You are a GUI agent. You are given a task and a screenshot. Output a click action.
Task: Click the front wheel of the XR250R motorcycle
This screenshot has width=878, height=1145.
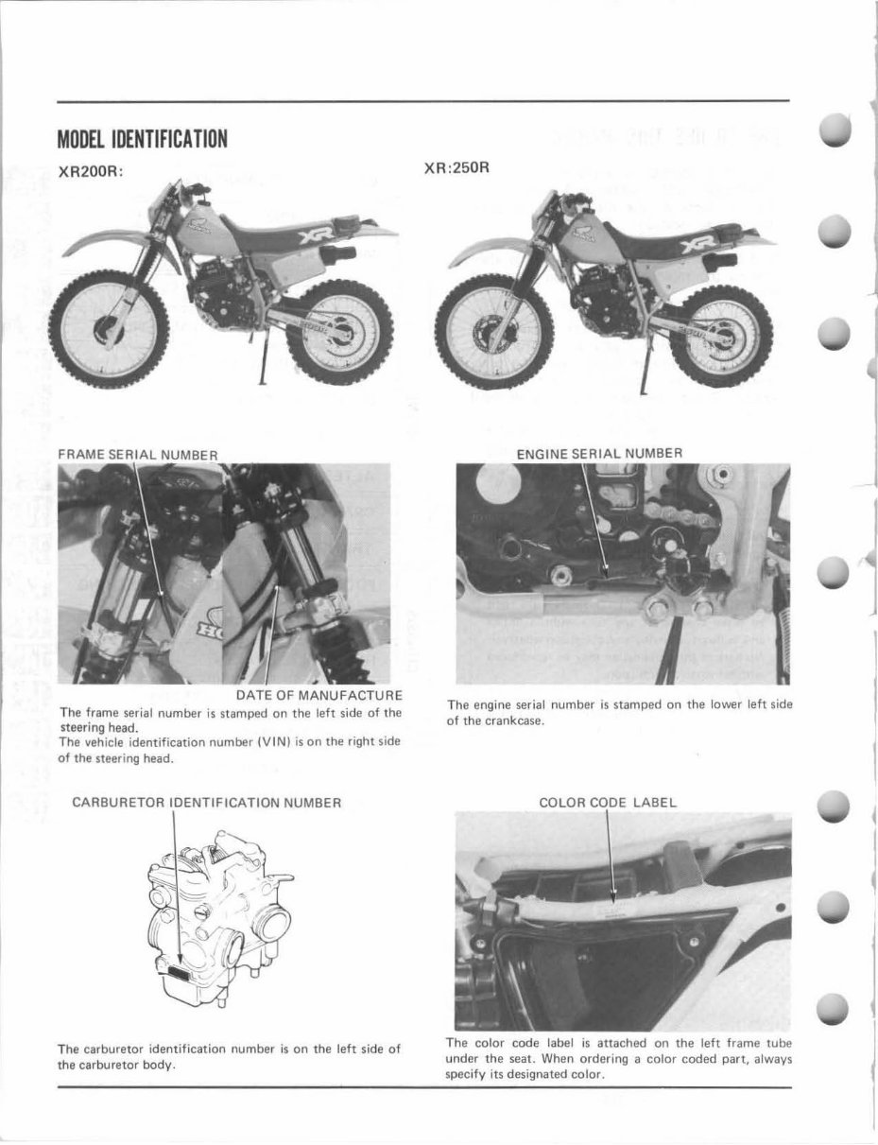(x=491, y=331)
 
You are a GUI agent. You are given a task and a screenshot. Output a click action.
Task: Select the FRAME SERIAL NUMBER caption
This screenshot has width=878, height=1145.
(x=138, y=455)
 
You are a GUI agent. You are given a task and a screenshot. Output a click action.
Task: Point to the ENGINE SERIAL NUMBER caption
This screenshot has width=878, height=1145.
(x=599, y=453)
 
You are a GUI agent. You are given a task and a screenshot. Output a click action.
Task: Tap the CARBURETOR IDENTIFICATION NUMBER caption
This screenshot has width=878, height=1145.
(x=206, y=803)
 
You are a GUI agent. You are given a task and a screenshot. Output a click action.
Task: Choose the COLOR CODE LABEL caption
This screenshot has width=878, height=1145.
(x=608, y=803)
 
